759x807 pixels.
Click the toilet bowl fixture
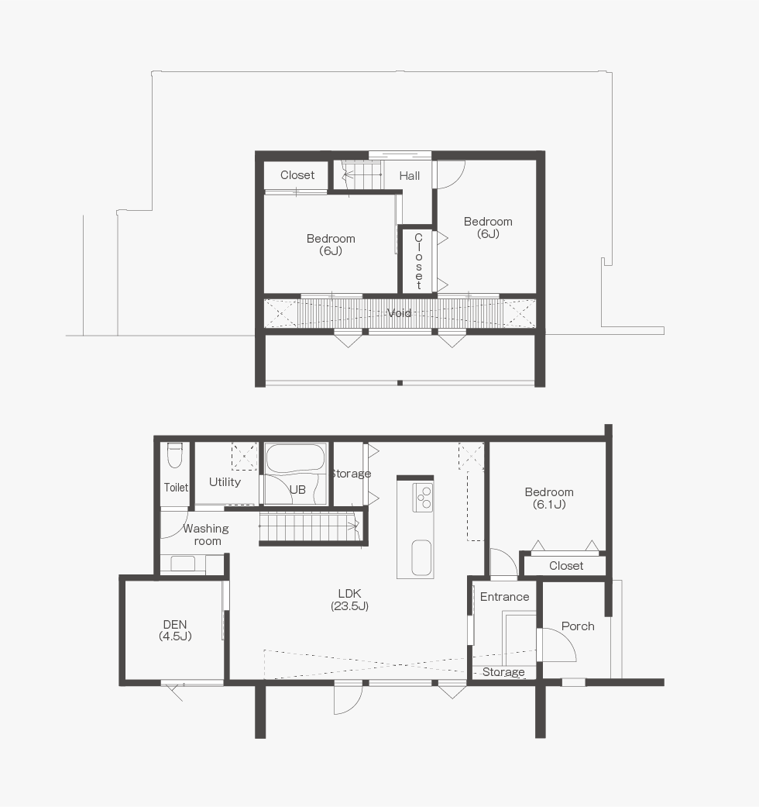[x=175, y=455]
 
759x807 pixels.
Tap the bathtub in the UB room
[x=295, y=459]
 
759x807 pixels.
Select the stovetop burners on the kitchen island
[x=423, y=497]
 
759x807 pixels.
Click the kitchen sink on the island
[x=421, y=557]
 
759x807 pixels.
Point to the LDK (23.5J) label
[x=349, y=599]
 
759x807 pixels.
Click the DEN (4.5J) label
[x=175, y=630]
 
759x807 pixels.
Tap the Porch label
[x=578, y=626]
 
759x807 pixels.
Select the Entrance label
[x=504, y=596]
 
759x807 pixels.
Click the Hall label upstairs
[x=410, y=175]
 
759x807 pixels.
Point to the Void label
[x=399, y=313]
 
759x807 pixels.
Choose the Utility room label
[x=225, y=482]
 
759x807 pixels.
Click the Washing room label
[x=206, y=535]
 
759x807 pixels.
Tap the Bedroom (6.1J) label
[x=549, y=498]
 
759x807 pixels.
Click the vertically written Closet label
[x=418, y=261]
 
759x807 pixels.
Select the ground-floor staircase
[x=308, y=526]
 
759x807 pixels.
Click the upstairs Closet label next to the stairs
[x=297, y=175]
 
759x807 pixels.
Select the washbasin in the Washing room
[x=183, y=564]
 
